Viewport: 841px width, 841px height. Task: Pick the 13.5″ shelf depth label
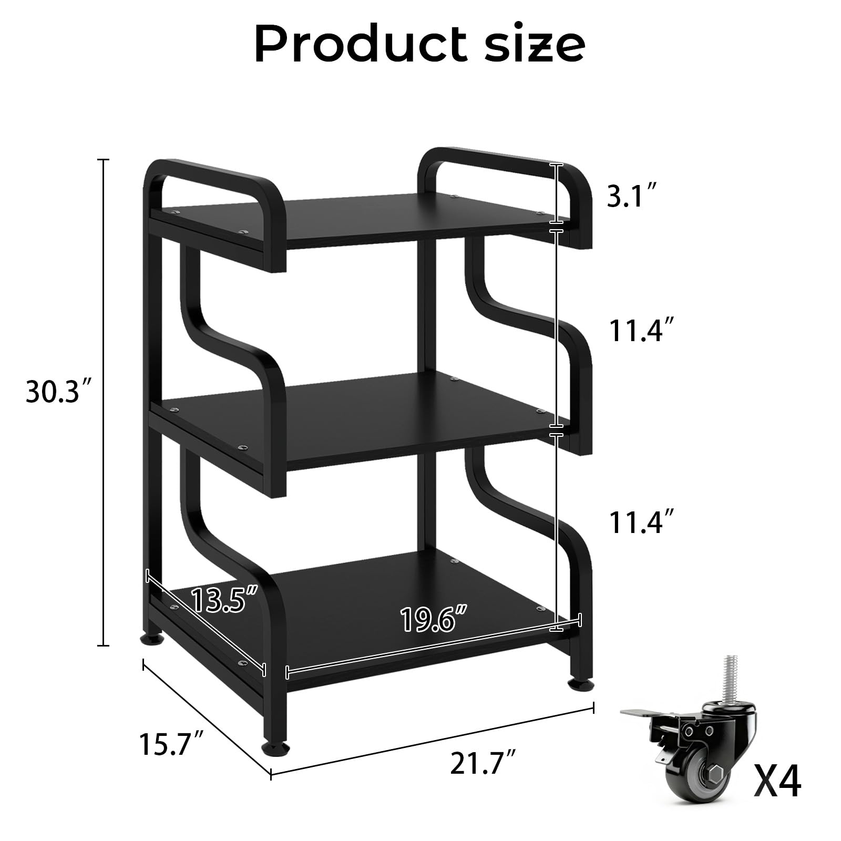pyautogui.click(x=224, y=600)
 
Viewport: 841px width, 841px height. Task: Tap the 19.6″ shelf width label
pyautogui.click(x=434, y=619)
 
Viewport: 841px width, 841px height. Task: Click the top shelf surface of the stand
pyautogui.click(x=363, y=216)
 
